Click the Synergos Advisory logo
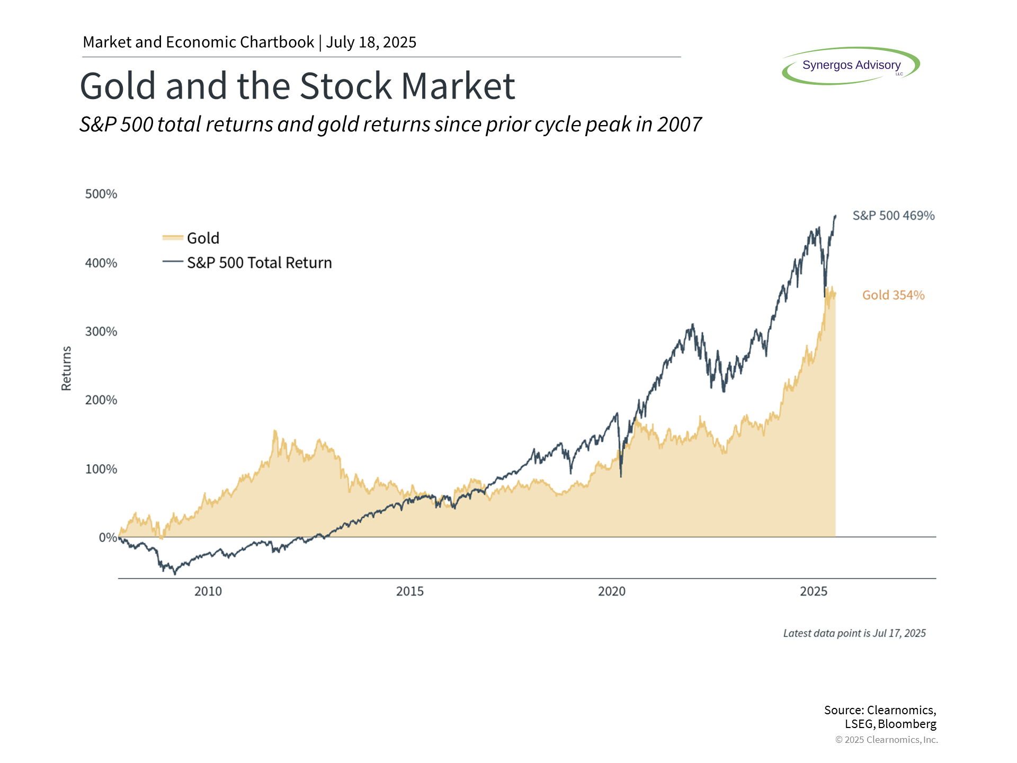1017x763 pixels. [x=851, y=66]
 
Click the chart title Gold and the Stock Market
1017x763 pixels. [x=297, y=86]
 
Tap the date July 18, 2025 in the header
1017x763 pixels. [x=371, y=42]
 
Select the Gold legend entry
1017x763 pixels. [x=191, y=238]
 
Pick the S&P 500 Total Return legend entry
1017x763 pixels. [x=247, y=262]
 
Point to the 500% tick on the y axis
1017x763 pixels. [x=101, y=194]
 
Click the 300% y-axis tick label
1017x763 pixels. [x=101, y=332]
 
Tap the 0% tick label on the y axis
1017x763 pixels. [x=108, y=537]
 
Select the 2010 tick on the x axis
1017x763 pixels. [x=208, y=591]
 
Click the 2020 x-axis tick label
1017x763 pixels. [x=612, y=591]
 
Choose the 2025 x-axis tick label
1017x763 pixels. [x=814, y=591]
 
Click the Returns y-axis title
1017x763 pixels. [x=66, y=368]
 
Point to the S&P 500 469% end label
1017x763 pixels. [x=894, y=216]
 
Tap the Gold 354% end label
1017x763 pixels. [x=894, y=295]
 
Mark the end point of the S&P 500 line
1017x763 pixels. [x=835, y=216]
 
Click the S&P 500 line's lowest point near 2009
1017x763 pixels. [x=175, y=574]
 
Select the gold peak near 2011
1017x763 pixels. [x=274, y=430]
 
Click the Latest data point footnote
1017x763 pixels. [x=854, y=633]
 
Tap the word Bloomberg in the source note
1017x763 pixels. [x=907, y=724]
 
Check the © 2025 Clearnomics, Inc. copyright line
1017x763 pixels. [x=886, y=740]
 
